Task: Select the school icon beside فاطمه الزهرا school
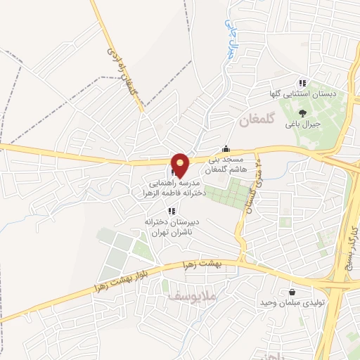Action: pyautogui.click(x=173, y=172)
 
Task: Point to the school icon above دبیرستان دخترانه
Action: pyautogui.click(x=171, y=210)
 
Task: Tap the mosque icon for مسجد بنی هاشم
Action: pyautogui.click(x=225, y=149)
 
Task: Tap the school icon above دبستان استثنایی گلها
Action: pyautogui.click(x=302, y=82)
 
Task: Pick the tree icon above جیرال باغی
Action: pyautogui.click(x=302, y=112)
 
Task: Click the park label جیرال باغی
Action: pyautogui.click(x=302, y=124)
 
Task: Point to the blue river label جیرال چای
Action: pyautogui.click(x=229, y=38)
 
